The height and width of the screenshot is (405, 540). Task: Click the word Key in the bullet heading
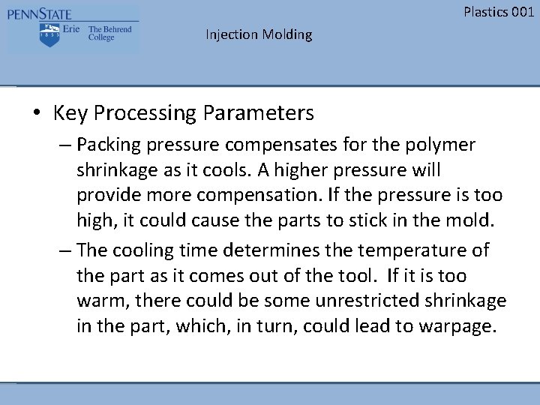[68, 113]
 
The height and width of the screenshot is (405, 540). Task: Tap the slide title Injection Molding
[259, 34]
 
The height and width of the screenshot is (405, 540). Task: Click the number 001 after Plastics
[522, 11]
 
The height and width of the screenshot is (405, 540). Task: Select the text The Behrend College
[109, 34]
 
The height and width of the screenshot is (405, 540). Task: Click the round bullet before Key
[37, 114]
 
